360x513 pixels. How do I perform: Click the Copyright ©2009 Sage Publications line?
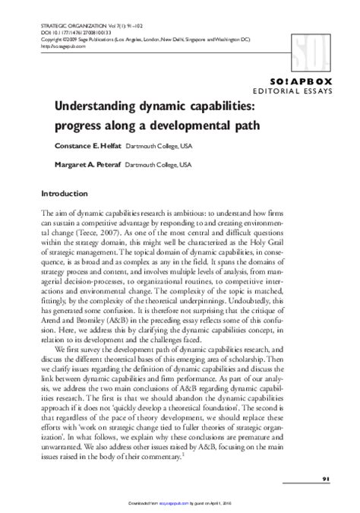[x=144, y=40]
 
